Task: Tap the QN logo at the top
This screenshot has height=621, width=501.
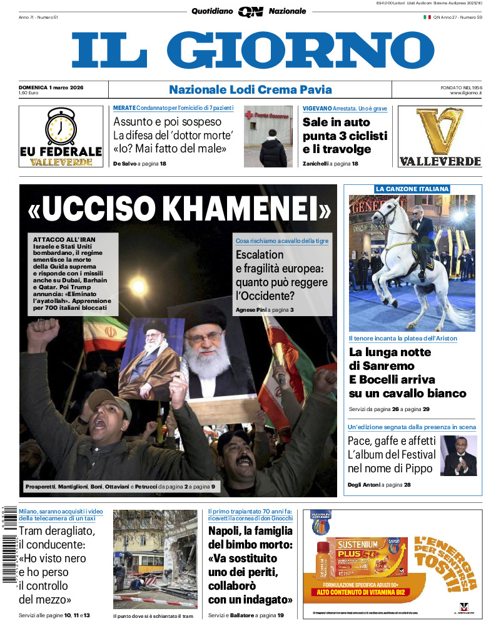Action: (x=250, y=11)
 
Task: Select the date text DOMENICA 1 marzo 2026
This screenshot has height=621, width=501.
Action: (x=51, y=87)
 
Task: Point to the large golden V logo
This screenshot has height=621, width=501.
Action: (x=440, y=131)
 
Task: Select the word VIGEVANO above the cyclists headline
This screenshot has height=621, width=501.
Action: (x=317, y=108)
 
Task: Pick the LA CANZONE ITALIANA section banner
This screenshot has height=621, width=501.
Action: (x=412, y=189)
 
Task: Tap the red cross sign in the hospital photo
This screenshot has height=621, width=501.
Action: (x=248, y=116)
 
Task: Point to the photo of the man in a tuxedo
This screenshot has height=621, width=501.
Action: (x=458, y=456)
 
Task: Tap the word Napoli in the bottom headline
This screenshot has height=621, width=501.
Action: (x=226, y=531)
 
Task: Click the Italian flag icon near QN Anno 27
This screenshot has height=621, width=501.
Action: (x=427, y=17)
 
